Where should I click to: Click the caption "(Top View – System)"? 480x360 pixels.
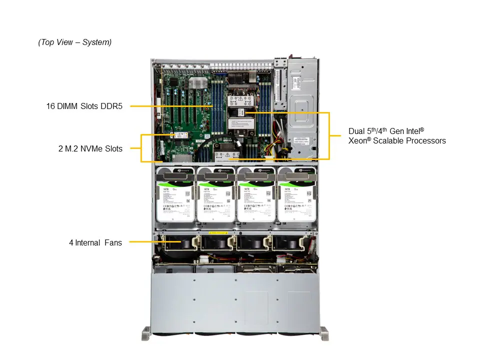click(75, 42)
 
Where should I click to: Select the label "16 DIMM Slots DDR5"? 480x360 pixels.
click(84, 106)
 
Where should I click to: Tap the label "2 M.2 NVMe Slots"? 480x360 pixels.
click(90, 148)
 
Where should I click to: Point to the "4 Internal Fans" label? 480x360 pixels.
click(95, 243)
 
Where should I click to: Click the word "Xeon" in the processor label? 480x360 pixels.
click(359, 141)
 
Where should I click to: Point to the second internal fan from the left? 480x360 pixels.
click(215, 243)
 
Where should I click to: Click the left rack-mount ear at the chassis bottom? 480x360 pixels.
click(145, 332)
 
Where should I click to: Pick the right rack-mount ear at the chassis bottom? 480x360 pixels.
click(324, 332)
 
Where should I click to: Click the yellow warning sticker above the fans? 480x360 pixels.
click(218, 233)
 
